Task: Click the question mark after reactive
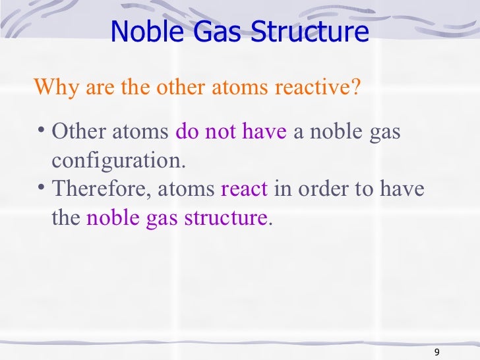(357, 87)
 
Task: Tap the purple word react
(244, 189)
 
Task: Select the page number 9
(438, 351)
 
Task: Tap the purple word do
(187, 132)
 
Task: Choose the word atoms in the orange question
(239, 87)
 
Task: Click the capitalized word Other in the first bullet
(75, 132)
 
